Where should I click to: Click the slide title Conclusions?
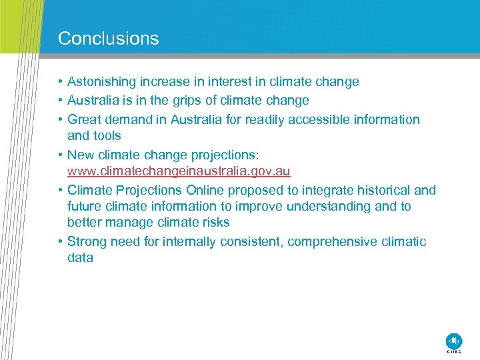coord(108,39)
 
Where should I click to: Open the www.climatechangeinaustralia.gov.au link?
coord(179,171)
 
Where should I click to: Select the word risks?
coord(215,223)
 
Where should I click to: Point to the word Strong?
coord(87,242)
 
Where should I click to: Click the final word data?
coord(80,258)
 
